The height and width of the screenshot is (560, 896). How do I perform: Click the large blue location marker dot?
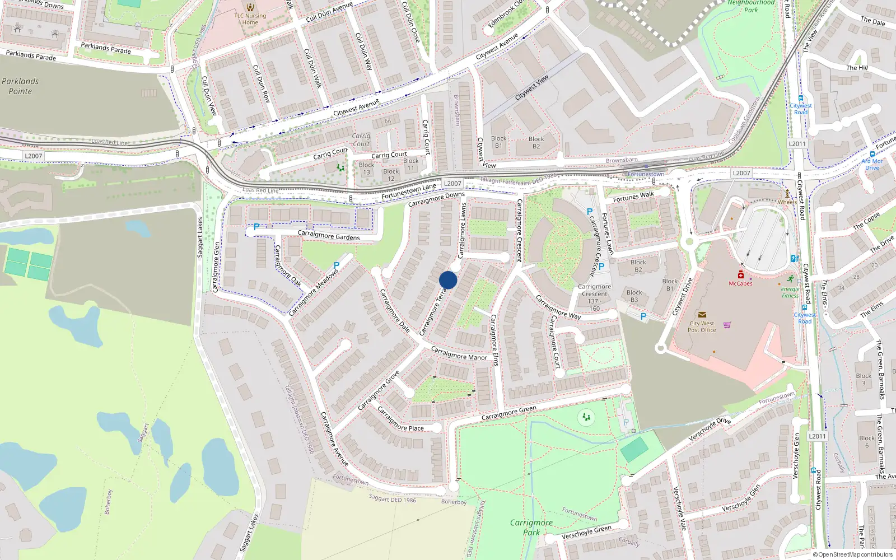click(448, 280)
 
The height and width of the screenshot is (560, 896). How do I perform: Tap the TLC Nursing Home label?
click(250, 19)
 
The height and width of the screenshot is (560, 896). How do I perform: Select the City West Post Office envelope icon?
click(702, 315)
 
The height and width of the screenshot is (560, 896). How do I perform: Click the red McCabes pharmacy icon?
click(741, 274)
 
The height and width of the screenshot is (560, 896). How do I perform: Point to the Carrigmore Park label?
click(531, 527)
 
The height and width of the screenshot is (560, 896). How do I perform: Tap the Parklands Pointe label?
click(20, 86)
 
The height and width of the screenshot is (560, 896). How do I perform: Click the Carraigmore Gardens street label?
click(329, 235)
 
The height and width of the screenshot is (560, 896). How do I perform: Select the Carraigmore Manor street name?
click(459, 353)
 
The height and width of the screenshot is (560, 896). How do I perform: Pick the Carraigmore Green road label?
click(508, 413)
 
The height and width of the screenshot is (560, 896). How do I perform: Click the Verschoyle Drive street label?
click(710, 429)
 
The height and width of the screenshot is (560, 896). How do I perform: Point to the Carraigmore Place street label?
click(400, 420)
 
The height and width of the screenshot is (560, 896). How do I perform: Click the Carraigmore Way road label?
click(558, 307)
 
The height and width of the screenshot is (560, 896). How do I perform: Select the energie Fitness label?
click(790, 292)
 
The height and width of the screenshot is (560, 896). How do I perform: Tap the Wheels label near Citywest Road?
click(787, 202)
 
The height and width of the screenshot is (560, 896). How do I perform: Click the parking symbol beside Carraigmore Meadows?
click(337, 265)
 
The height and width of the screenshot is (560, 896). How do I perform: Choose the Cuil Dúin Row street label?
click(262, 83)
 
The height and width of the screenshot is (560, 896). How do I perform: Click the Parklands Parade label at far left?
click(31, 55)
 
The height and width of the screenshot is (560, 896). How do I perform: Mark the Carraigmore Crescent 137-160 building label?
click(594, 297)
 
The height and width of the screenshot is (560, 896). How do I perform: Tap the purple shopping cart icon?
click(727, 325)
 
